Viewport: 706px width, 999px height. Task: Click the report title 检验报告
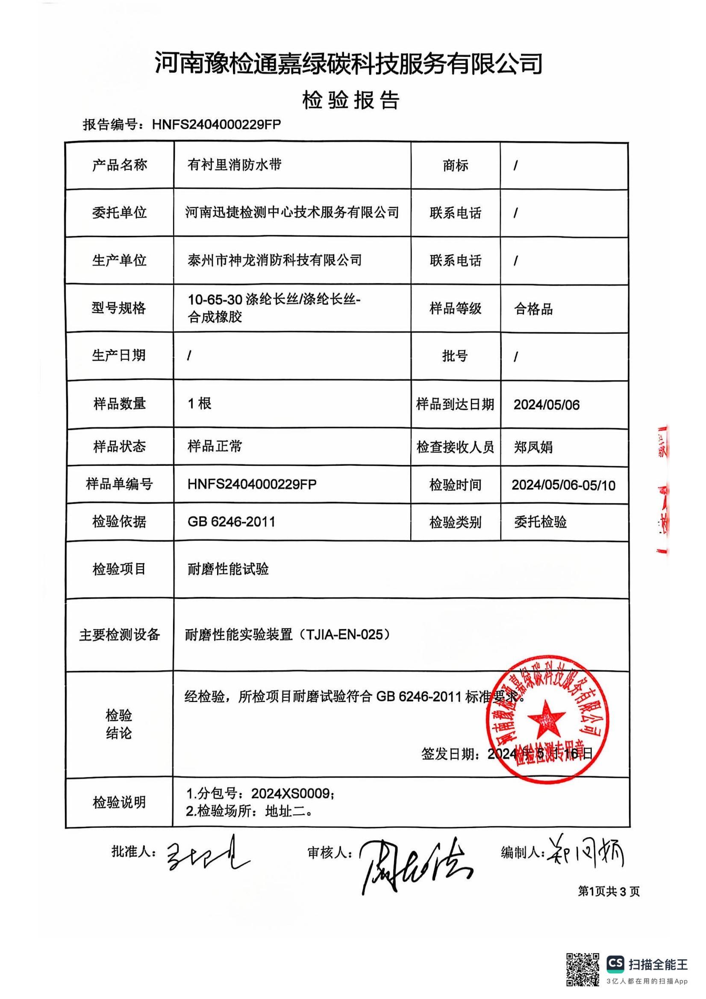[351, 100]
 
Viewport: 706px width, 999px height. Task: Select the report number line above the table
[182, 124]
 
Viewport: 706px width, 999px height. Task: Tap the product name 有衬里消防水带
[234, 165]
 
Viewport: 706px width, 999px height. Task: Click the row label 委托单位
[119, 213]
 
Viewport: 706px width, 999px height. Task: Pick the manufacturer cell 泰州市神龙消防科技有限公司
[274, 260]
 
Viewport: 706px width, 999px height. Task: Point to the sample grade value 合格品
[533, 309]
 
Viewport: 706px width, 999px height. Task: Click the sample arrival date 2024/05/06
[546, 405]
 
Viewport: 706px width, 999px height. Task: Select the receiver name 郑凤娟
[533, 447]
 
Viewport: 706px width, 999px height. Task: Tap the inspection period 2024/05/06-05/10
[563, 485]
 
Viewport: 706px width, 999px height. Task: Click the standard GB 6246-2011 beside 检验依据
[231, 522]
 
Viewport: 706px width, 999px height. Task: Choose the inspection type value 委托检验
[540, 522]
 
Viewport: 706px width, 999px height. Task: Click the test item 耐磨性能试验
[228, 569]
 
